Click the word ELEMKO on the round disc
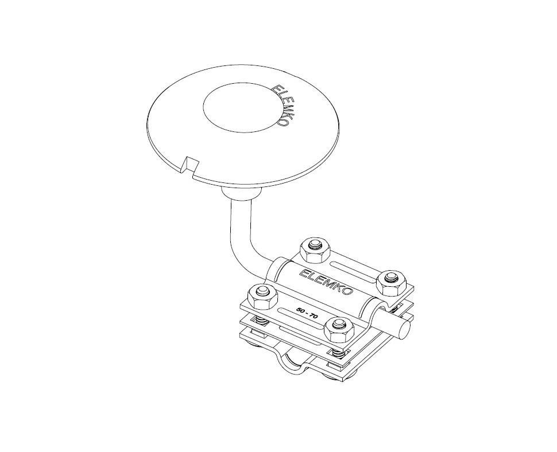(282, 105)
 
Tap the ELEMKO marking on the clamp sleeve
(327, 282)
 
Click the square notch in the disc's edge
(191, 166)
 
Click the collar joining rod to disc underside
(241, 194)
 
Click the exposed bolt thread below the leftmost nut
(261, 321)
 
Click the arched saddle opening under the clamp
(295, 360)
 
